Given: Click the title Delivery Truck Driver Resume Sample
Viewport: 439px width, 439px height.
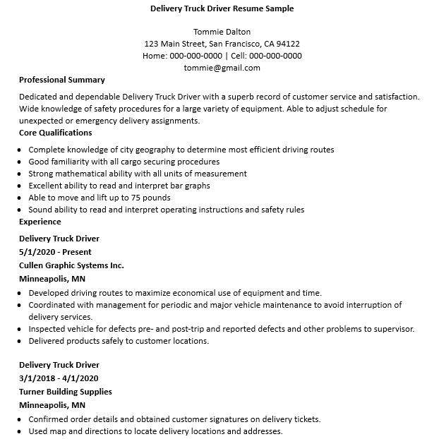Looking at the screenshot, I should pyautogui.click(x=222, y=9).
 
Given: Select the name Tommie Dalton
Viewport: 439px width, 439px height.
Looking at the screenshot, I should pyautogui.click(x=222, y=32).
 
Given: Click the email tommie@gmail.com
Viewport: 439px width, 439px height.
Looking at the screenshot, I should pyautogui.click(x=222, y=68).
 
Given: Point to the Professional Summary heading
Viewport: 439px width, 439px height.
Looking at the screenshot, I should pyautogui.click(x=61, y=80).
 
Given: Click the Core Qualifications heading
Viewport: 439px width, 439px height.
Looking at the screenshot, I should pyautogui.click(x=55, y=133).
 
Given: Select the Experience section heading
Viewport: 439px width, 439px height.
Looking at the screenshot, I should pyautogui.click(x=40, y=222).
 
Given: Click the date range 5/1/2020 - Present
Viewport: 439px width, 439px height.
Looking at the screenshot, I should pyautogui.click(x=55, y=252).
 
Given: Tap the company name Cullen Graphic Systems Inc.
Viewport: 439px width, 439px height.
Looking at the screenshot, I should pyautogui.click(x=71, y=265).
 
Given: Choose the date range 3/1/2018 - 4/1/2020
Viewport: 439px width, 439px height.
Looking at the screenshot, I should pyautogui.click(x=60, y=378).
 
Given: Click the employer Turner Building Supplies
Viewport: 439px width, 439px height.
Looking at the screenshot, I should pyautogui.click(x=65, y=392).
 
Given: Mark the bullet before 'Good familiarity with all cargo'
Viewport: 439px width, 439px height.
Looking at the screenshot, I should pyautogui.click(x=18, y=162).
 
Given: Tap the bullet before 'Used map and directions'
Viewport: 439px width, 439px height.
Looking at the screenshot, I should pyautogui.click(x=18, y=431).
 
